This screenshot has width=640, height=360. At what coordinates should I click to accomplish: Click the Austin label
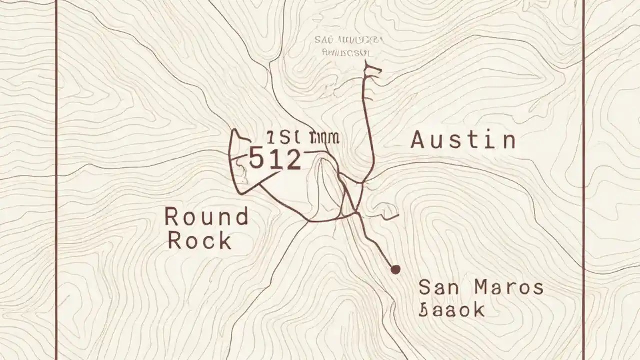[463, 140]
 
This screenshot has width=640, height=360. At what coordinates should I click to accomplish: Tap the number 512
[275, 159]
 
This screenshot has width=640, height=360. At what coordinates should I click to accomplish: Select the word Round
[206, 217]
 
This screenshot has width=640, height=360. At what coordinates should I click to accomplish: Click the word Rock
[199, 241]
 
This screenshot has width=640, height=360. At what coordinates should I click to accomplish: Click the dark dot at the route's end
[395, 270]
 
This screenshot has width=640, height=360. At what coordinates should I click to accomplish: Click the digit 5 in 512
[256, 159]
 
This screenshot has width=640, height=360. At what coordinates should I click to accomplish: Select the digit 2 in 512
[292, 159]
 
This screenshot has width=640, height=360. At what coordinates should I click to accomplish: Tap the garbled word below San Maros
[452, 310]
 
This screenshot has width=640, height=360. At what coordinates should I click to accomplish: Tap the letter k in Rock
[225, 241]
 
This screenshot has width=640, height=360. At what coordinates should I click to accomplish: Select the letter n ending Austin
[508, 141]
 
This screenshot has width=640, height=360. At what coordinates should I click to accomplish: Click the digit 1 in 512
[274, 159]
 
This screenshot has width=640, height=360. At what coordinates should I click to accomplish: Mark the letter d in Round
[241, 217]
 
